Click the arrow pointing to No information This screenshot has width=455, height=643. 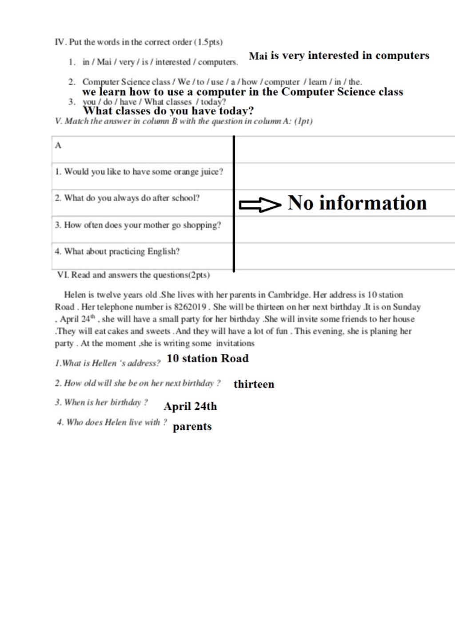(x=260, y=205)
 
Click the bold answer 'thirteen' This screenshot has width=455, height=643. (x=254, y=385)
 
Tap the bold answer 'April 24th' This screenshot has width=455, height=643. (x=190, y=406)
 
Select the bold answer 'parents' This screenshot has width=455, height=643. (x=192, y=427)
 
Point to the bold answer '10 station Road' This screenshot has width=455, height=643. (x=208, y=358)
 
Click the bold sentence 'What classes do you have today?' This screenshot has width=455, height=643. (x=168, y=111)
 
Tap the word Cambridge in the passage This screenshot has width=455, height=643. (x=288, y=295)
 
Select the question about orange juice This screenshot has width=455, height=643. (x=139, y=172)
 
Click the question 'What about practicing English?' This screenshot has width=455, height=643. (x=117, y=252)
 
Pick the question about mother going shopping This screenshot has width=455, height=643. (x=138, y=225)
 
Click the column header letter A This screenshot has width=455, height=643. (x=58, y=146)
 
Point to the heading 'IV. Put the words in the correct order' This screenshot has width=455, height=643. (x=139, y=42)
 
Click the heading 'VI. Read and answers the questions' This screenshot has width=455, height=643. (x=133, y=275)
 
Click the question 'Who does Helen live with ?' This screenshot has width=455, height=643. (x=112, y=422)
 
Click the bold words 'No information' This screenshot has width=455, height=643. (x=357, y=203)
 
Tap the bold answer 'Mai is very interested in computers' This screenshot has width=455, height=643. (x=339, y=56)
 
